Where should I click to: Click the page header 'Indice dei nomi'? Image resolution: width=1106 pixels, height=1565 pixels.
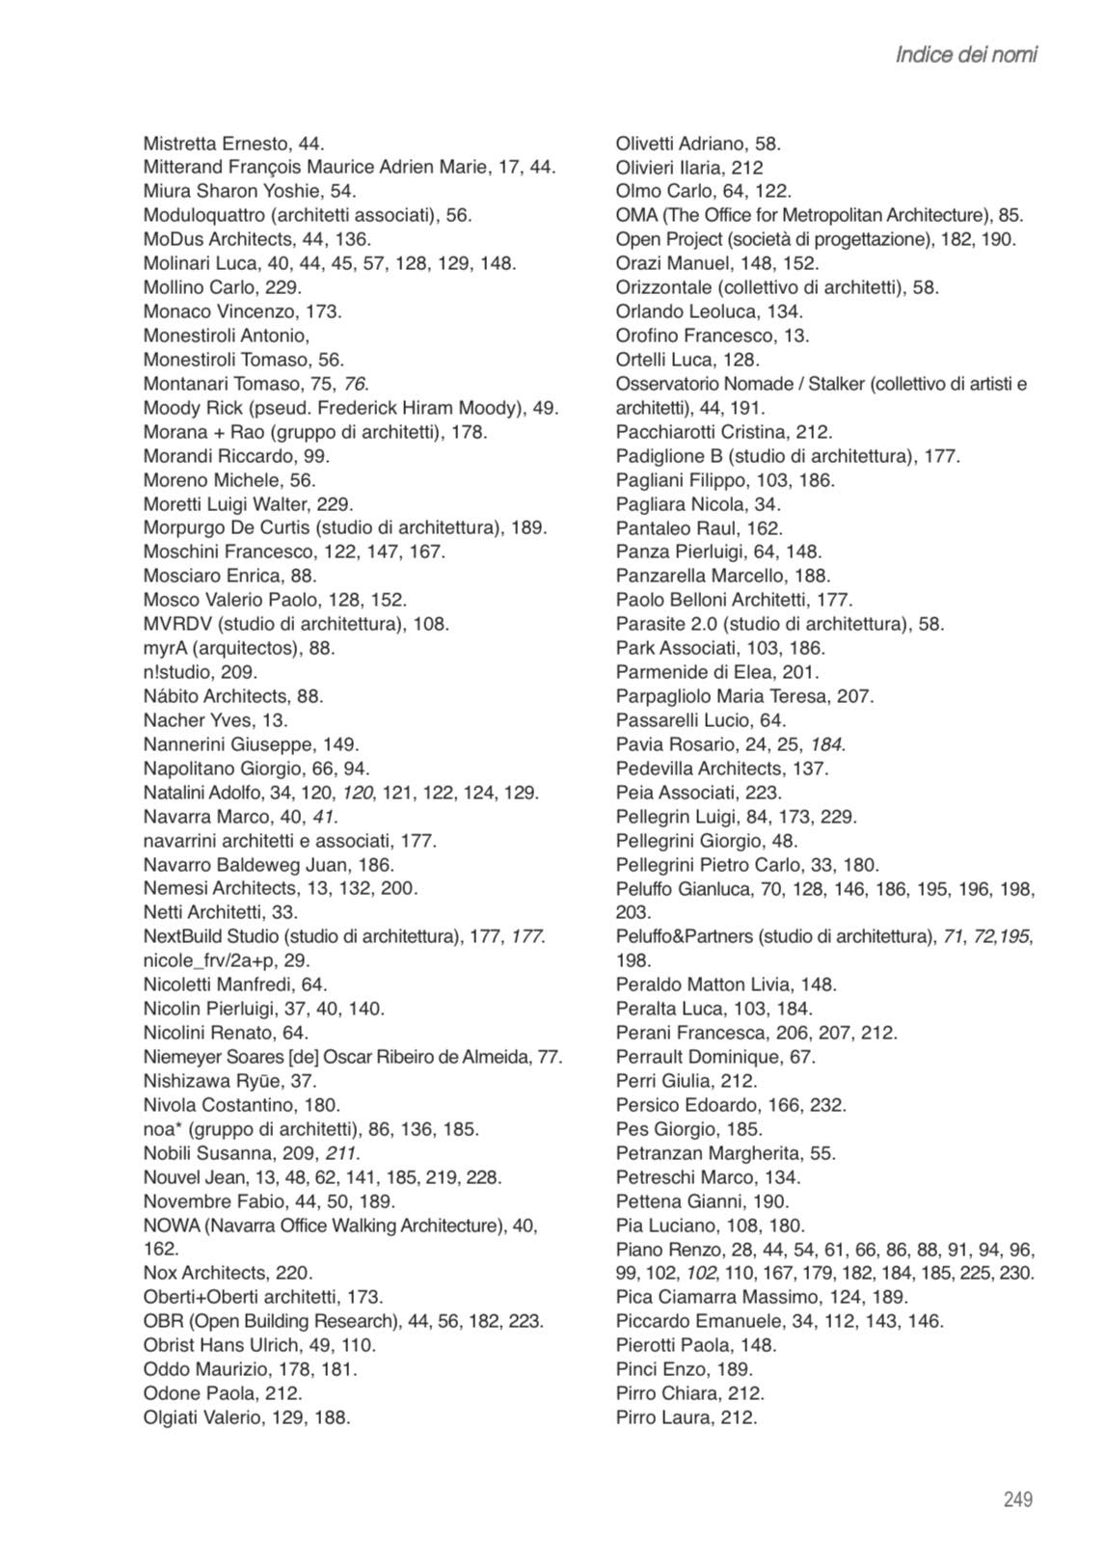click(x=966, y=55)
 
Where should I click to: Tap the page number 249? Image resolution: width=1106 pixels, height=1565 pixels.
click(x=1017, y=1499)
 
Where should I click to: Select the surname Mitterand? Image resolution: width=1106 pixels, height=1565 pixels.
click(x=184, y=167)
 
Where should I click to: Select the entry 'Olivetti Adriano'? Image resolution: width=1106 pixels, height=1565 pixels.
click(x=679, y=144)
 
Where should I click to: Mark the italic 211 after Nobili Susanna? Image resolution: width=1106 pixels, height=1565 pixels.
click(x=343, y=1153)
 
